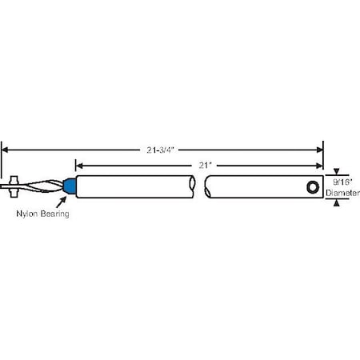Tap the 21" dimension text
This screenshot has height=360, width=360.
click(x=206, y=164)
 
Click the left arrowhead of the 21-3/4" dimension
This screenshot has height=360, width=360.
click(x=6, y=147)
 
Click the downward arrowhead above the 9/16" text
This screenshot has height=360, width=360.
click(x=337, y=172)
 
